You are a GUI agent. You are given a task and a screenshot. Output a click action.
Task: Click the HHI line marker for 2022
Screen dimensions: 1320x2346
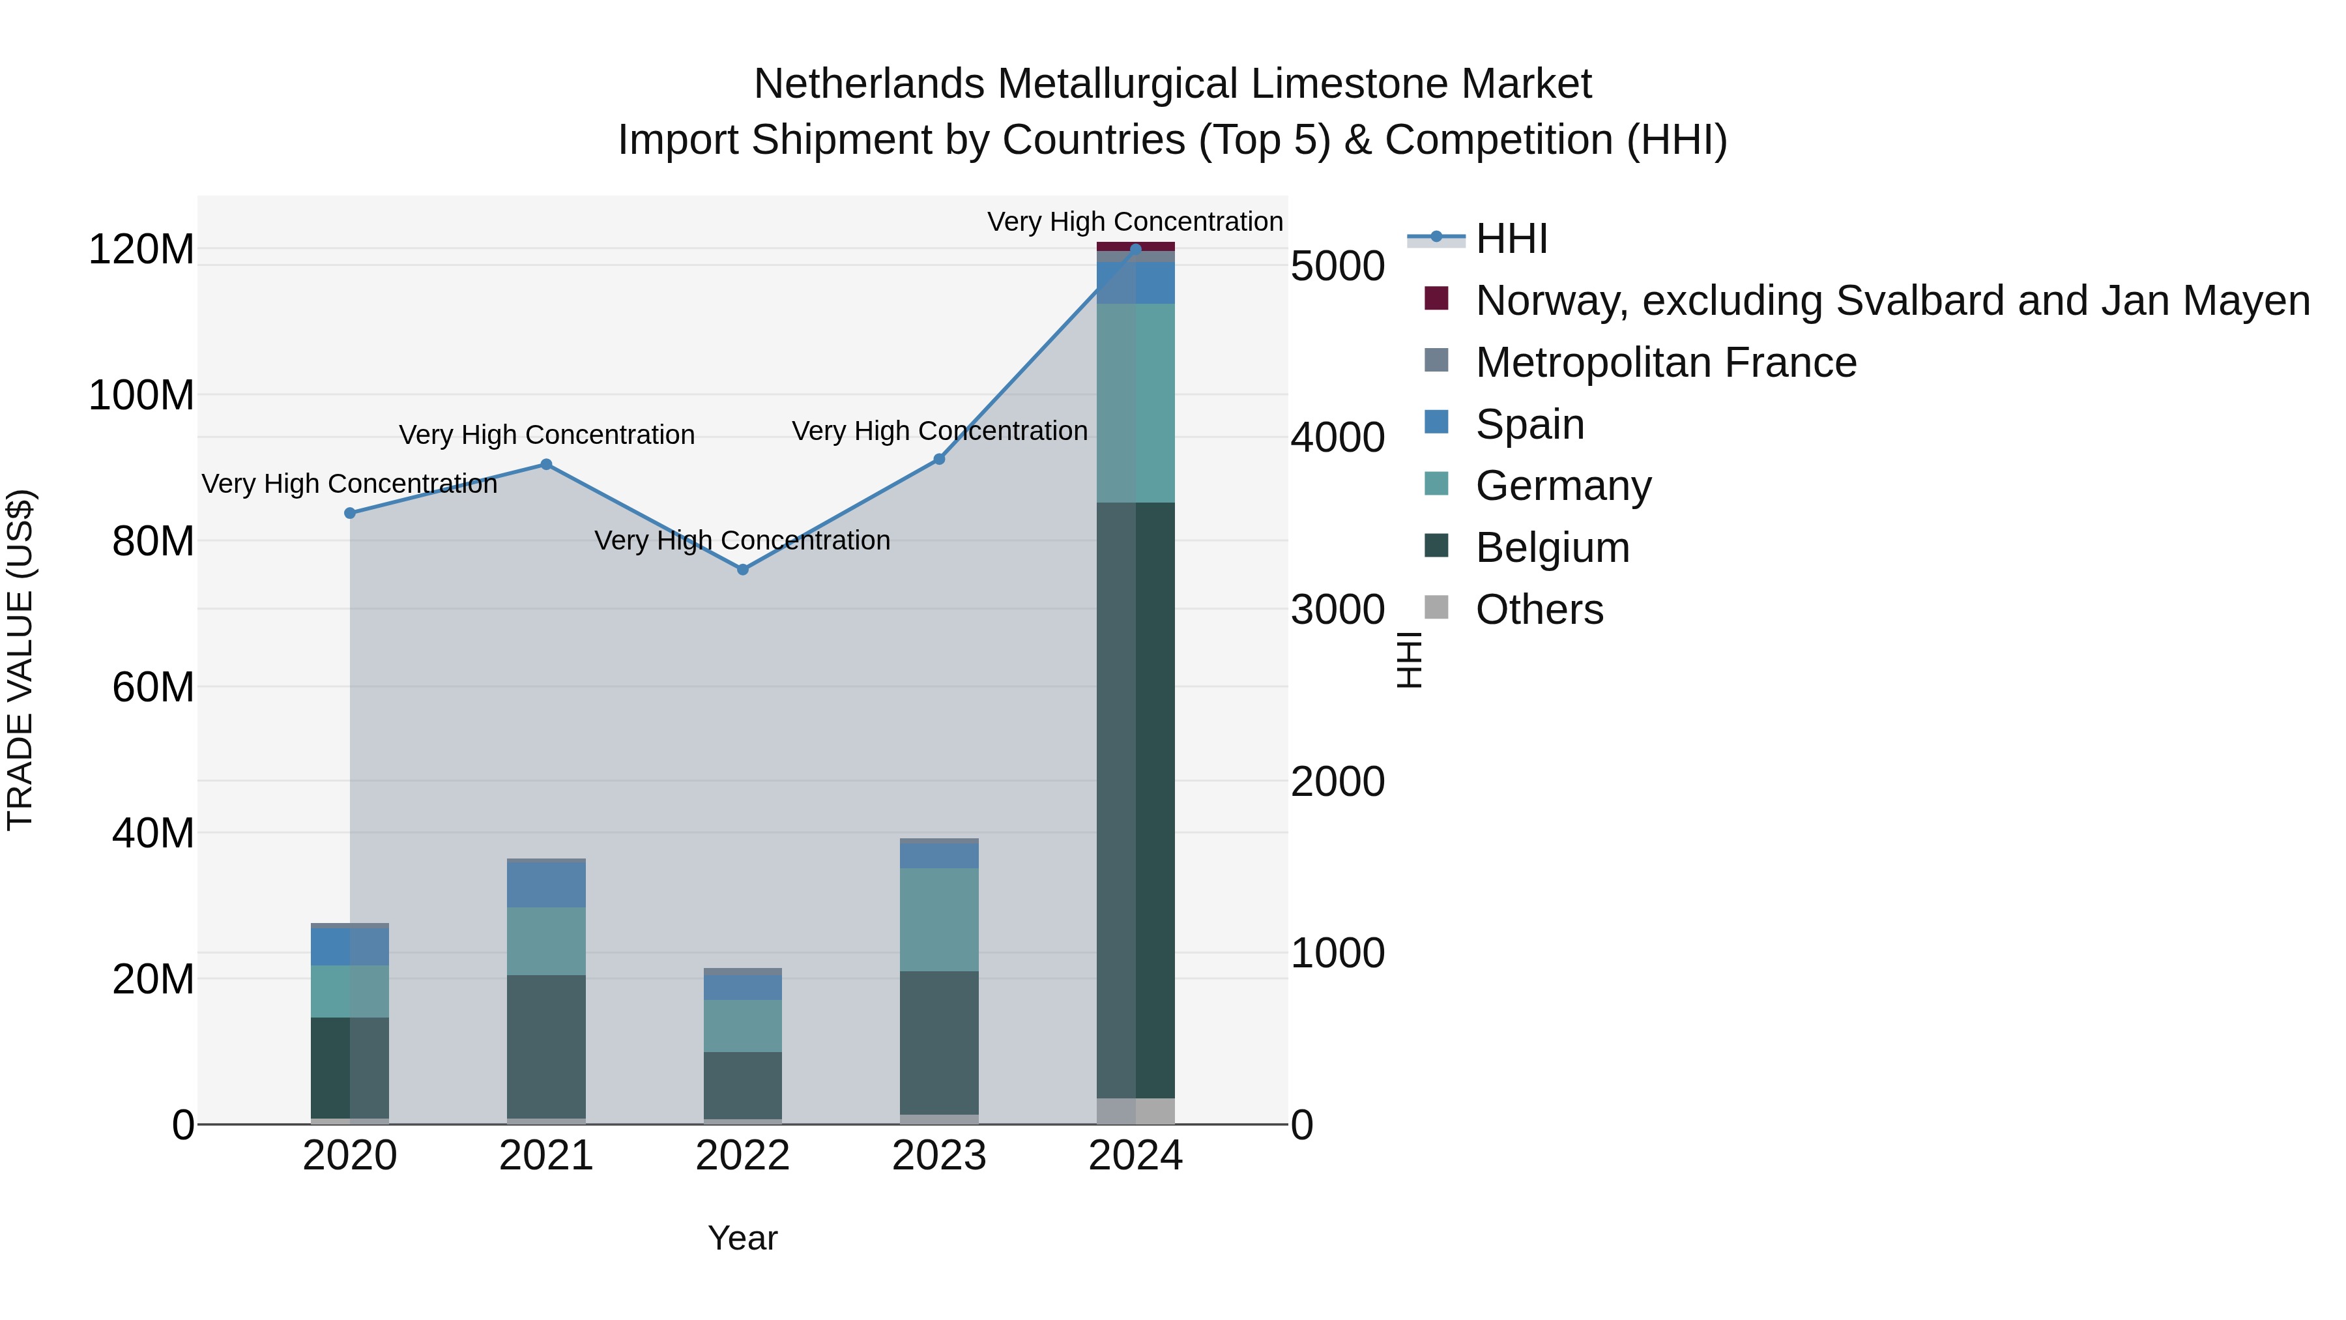742,569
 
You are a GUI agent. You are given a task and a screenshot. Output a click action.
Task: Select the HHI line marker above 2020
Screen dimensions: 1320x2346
350,513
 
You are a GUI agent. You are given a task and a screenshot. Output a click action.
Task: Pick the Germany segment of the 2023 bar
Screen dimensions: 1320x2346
939,919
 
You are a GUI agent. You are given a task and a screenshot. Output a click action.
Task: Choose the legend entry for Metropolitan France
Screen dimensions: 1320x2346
1666,362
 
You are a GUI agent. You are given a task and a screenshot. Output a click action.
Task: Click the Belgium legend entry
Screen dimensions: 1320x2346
1552,548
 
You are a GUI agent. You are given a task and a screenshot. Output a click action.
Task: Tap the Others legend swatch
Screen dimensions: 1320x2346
1436,608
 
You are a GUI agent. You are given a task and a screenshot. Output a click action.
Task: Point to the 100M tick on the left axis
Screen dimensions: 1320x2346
141,396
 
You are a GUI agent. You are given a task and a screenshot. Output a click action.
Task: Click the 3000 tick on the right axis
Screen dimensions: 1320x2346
1337,609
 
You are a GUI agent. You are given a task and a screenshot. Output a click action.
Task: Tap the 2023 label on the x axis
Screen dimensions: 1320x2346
939,1156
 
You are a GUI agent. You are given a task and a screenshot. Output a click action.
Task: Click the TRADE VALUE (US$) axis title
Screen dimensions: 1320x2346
20,660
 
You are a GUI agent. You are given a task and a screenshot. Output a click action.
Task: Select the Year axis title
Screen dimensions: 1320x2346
742,1238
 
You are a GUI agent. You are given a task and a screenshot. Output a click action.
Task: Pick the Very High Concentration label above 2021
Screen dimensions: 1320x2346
547,435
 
